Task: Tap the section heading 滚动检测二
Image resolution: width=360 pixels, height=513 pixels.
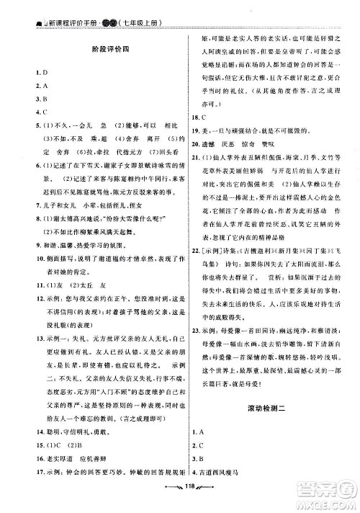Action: click(x=261, y=387)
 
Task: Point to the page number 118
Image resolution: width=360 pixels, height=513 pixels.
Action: click(x=179, y=506)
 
